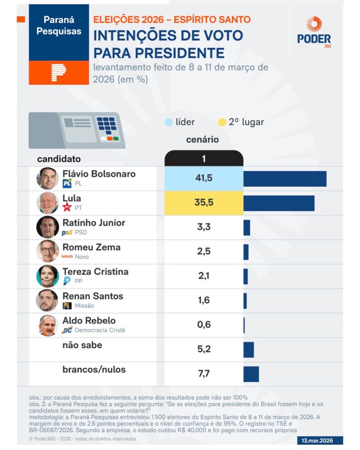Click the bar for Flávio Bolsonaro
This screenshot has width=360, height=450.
tap(285, 179)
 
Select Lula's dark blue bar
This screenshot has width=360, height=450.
tap(279, 203)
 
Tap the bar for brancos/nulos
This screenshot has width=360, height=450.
tap(251, 374)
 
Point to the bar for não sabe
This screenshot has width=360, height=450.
tap(249, 349)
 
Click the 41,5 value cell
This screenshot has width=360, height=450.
tap(204, 179)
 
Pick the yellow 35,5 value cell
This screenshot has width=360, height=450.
tap(204, 203)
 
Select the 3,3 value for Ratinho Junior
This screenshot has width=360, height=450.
tap(204, 228)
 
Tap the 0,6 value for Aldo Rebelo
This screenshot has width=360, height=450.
tap(204, 325)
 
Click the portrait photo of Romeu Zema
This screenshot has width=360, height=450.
tap(48, 251)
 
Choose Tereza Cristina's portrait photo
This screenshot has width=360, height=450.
tap(48, 276)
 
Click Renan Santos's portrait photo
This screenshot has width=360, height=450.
tap(48, 300)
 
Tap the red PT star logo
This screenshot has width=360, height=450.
tap(67, 207)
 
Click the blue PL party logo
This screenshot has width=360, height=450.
tap(67, 183)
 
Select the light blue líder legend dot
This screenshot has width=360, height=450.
tap(168, 122)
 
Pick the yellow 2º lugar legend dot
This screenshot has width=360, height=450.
tap(222, 122)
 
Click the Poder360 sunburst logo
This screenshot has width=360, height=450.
tap(314, 24)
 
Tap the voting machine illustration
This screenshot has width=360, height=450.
tap(77, 130)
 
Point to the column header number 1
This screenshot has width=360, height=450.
tap(204, 159)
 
